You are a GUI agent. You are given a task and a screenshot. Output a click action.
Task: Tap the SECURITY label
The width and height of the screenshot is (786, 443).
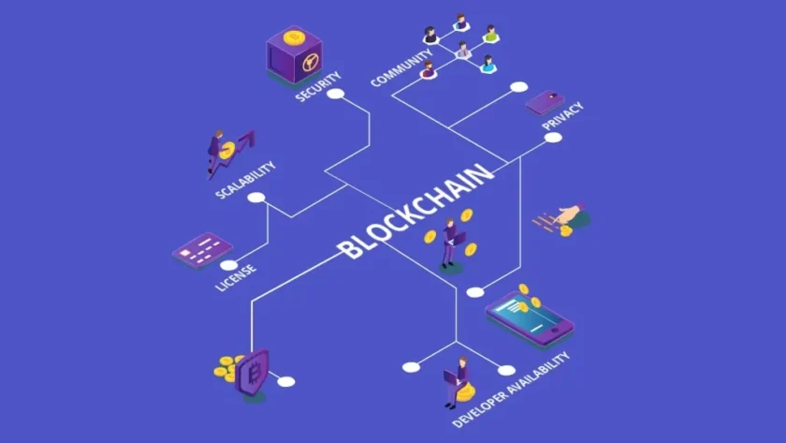pos(318,86)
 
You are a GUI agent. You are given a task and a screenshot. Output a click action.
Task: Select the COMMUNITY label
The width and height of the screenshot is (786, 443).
pos(401,67)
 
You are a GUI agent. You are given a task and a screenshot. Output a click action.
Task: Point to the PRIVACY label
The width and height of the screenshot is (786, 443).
pos(563,116)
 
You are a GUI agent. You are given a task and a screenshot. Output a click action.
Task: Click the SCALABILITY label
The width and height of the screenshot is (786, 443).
pos(245,180)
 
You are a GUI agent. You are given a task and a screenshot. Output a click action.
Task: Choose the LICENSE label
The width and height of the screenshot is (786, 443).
pos(236,277)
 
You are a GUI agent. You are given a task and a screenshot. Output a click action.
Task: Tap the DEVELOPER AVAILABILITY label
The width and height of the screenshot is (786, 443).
pos(511,390)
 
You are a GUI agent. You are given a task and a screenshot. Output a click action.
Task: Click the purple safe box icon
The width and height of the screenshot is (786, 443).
pos(294,55)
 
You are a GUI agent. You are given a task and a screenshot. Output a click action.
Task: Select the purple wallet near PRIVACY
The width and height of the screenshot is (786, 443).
pos(545,102)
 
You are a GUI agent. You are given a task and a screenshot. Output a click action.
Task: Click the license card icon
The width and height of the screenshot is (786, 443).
pos(202,249)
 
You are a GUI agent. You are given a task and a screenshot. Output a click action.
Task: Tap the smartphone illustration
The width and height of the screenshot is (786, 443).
pos(530,318)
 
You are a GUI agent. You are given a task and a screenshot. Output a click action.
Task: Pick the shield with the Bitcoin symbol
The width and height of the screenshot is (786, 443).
pos(253,372)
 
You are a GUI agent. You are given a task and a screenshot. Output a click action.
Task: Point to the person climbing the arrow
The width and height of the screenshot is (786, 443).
pos(216,152)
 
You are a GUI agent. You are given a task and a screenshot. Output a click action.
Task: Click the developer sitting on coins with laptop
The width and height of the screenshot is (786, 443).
pos(458,381)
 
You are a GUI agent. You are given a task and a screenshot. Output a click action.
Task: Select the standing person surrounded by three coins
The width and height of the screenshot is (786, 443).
pos(450,244)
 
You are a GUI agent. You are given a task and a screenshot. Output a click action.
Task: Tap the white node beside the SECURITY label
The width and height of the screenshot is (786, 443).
pos(335,94)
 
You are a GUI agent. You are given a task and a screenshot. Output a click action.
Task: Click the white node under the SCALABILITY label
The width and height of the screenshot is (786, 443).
pos(256,198)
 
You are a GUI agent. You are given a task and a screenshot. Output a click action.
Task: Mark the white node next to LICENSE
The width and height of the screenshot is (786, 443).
pos(229,265)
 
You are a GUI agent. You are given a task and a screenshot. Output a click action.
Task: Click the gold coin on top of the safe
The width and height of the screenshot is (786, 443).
pos(294,37)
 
